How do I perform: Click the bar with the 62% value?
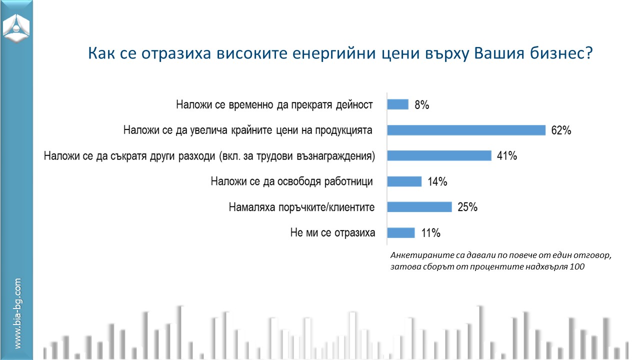(x=466, y=130)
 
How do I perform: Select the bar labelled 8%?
(x=397, y=104)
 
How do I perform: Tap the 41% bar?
(x=439, y=155)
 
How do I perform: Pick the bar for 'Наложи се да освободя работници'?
(x=404, y=181)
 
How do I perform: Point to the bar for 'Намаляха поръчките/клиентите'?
(x=419, y=207)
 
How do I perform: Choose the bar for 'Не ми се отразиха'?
(x=401, y=232)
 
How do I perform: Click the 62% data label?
(x=561, y=130)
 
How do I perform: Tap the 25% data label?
(x=467, y=207)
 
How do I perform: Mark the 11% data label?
(x=431, y=233)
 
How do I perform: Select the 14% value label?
(x=437, y=181)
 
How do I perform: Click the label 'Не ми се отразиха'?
(x=332, y=232)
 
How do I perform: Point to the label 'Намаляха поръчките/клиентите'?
(x=301, y=207)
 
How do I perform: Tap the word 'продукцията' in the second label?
(x=343, y=130)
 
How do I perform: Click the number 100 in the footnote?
(x=577, y=266)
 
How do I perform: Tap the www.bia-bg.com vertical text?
(x=17, y=313)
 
